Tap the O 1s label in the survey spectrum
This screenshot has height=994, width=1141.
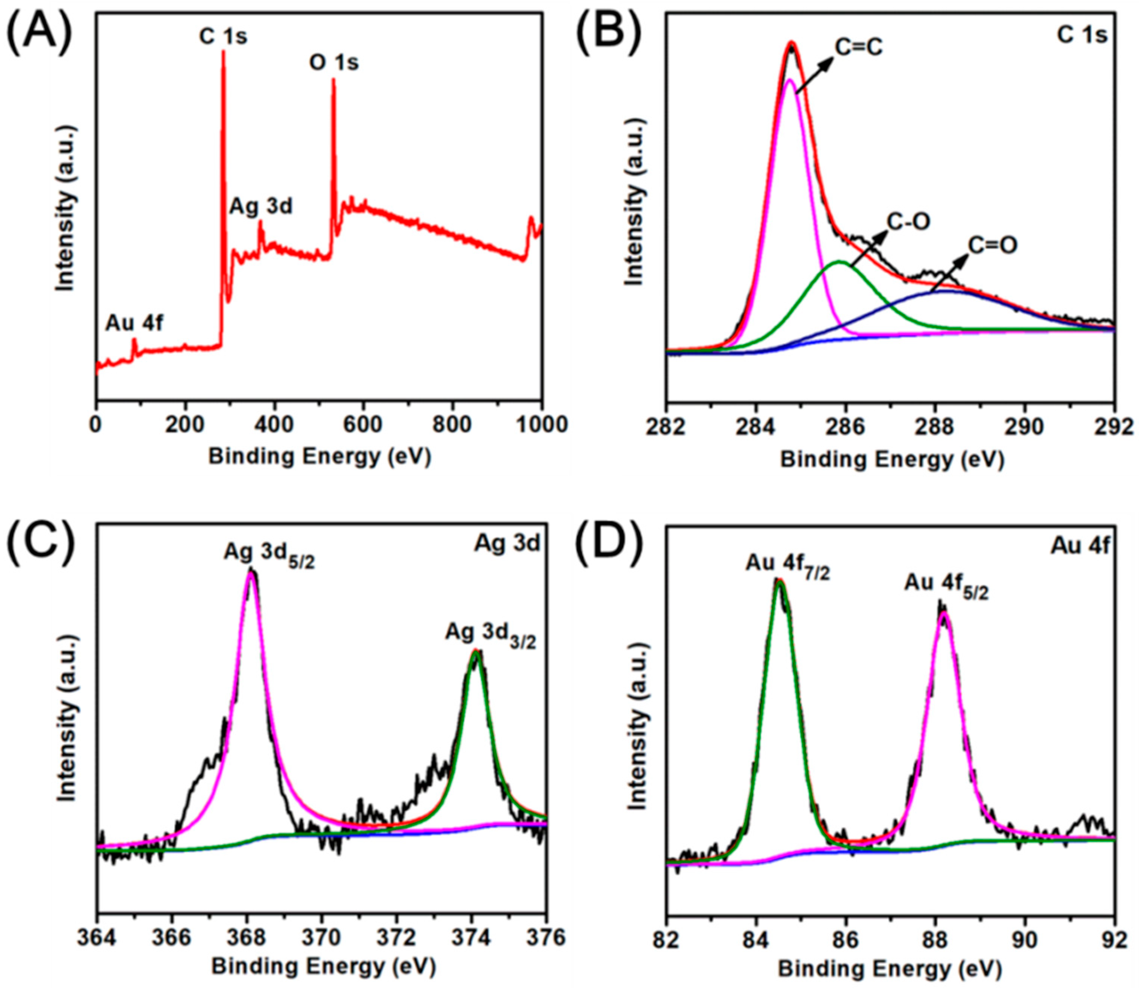pyautogui.click(x=333, y=63)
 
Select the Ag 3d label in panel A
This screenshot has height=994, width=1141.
pyautogui.click(x=261, y=207)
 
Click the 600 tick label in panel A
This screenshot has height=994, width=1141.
pyautogui.click(x=363, y=424)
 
